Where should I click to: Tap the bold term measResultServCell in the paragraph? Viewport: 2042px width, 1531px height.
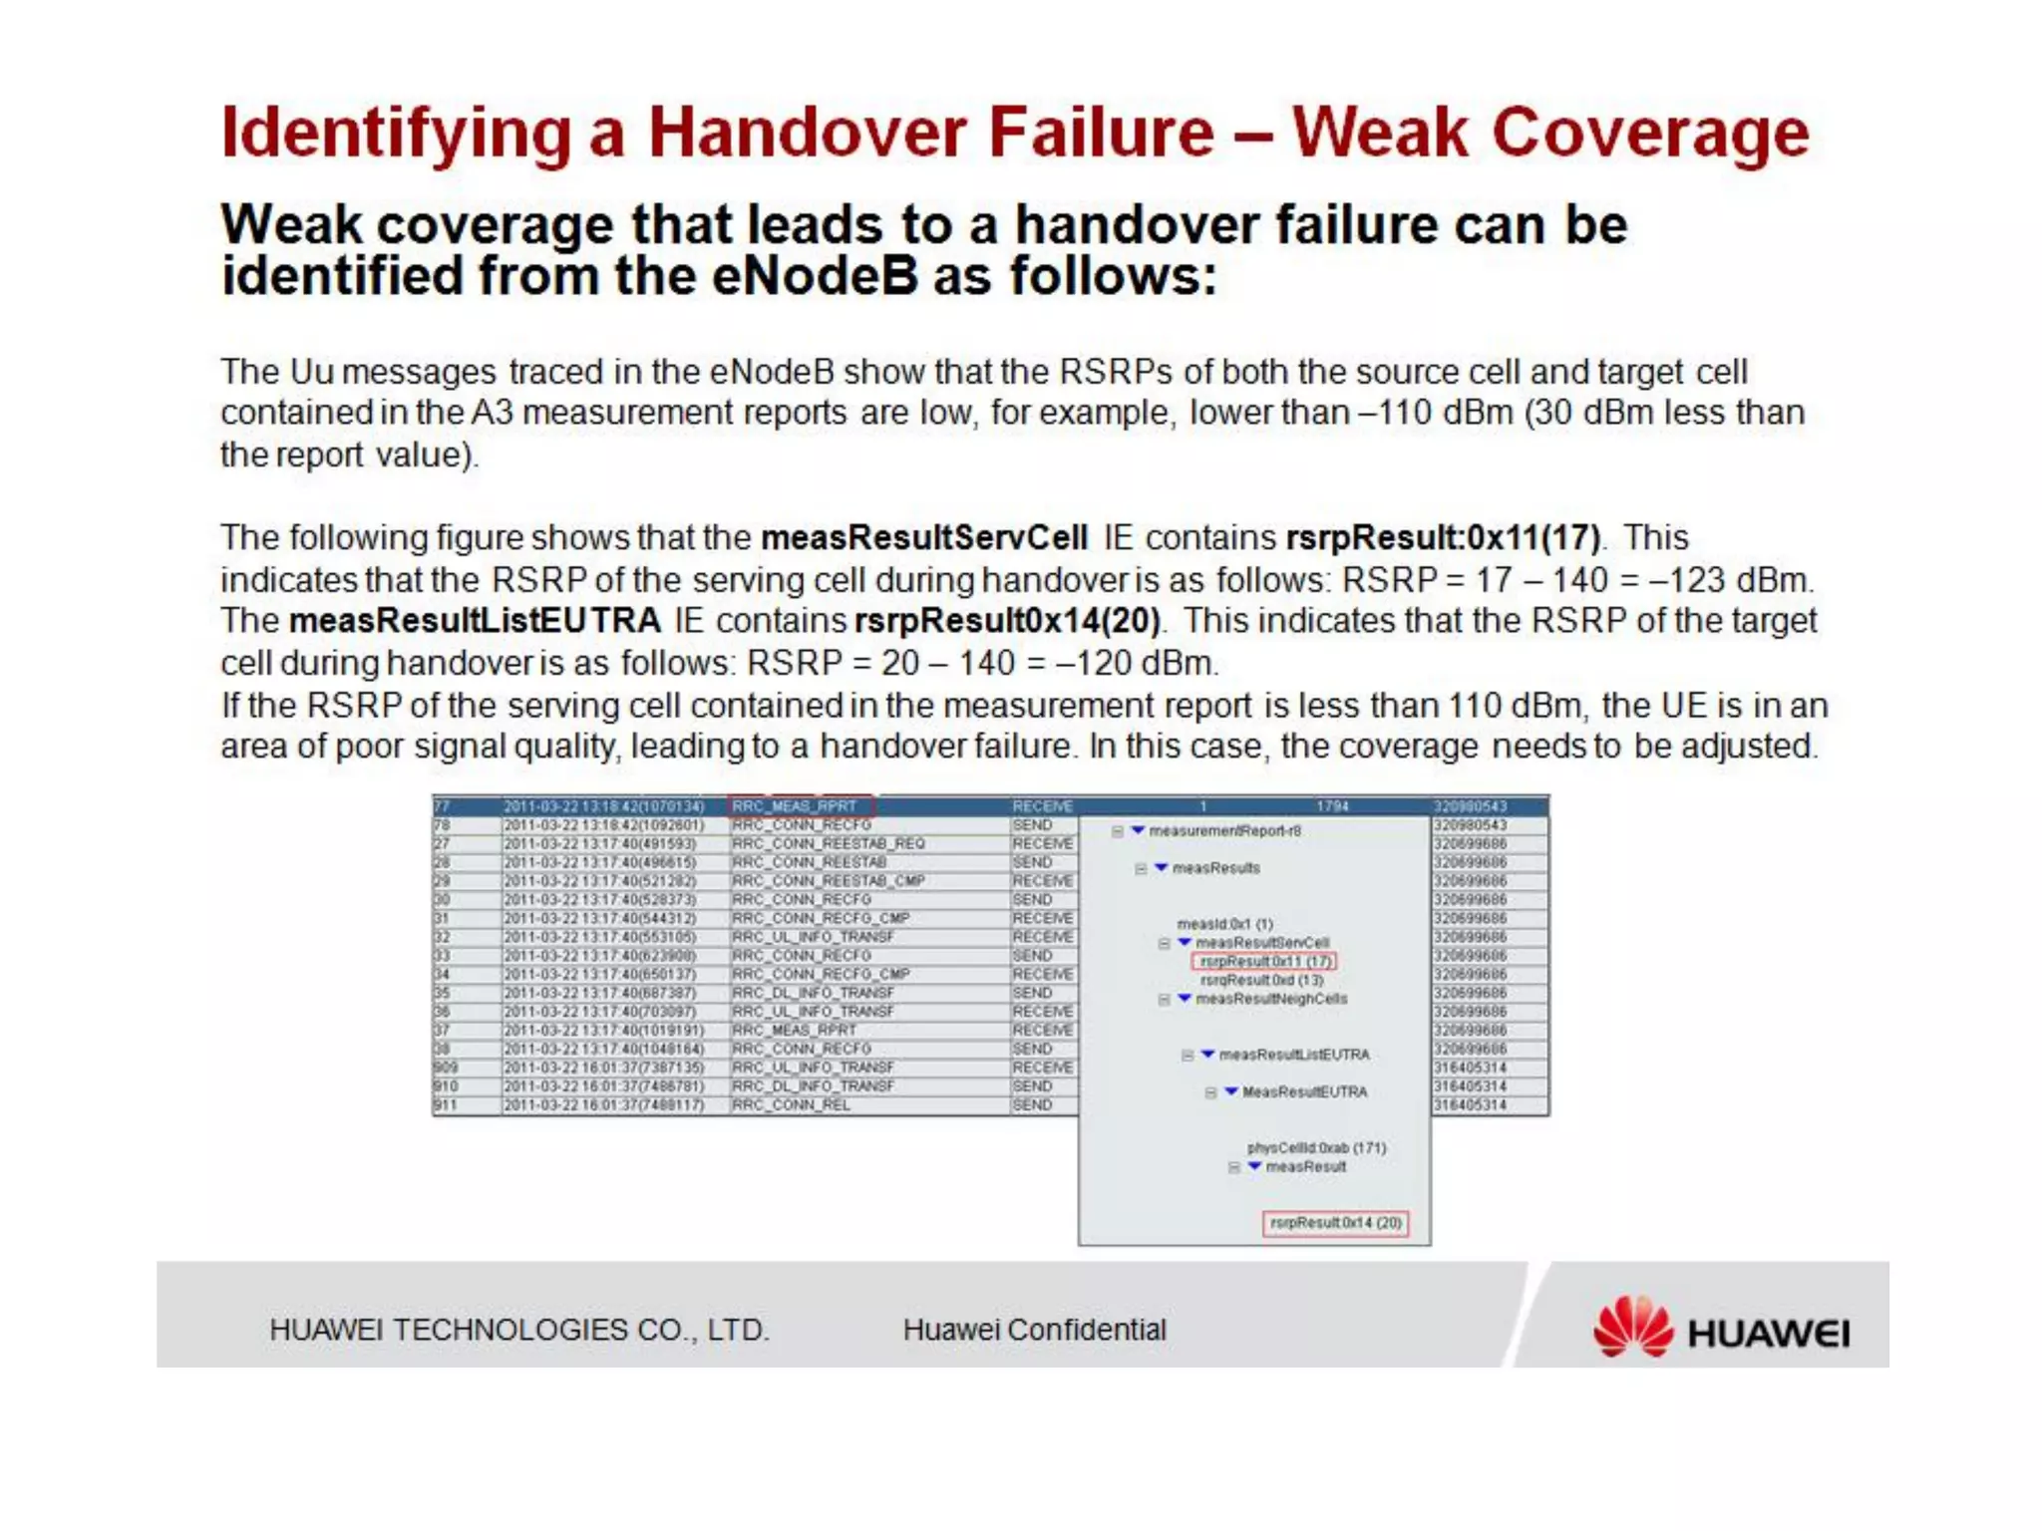[x=923, y=538]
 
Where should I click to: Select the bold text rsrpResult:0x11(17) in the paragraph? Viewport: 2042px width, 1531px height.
[x=1443, y=538]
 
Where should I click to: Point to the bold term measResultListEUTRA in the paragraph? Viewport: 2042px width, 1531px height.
[x=475, y=621]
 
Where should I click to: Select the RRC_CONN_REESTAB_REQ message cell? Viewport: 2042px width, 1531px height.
[x=828, y=843]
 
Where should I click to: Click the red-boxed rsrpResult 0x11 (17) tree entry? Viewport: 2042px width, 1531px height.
[x=1263, y=961]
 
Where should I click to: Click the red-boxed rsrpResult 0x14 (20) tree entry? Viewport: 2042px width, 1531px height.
[x=1335, y=1222]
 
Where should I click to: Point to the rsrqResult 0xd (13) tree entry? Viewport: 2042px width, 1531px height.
[x=1261, y=980]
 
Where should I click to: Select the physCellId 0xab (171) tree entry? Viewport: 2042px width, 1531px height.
[x=1316, y=1147]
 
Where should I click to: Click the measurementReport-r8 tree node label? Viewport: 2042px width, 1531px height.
[x=1224, y=830]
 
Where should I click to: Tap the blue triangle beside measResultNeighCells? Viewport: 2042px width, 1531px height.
[x=1185, y=998]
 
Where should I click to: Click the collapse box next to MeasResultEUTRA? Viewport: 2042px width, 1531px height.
[x=1210, y=1092]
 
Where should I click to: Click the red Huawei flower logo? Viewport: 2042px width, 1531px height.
[x=1632, y=1327]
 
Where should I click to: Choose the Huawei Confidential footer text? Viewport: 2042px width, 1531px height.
[x=1034, y=1330]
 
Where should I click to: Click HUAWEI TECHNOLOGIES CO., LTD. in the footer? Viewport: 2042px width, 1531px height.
[x=518, y=1330]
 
